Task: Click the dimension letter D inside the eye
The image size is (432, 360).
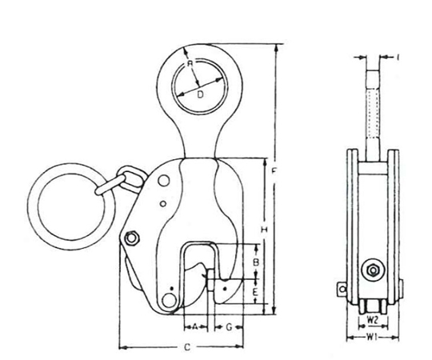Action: pyautogui.click(x=200, y=94)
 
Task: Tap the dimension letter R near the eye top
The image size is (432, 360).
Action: pyautogui.click(x=190, y=64)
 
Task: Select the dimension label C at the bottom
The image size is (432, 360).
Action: pyautogui.click(x=187, y=347)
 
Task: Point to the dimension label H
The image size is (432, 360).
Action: pyautogui.click(x=264, y=229)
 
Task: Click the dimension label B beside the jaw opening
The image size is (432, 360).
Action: pyautogui.click(x=256, y=262)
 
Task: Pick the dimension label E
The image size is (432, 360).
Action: pyautogui.click(x=255, y=292)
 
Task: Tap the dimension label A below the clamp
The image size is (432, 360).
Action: pyautogui.click(x=194, y=327)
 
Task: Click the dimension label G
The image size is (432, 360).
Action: pyautogui.click(x=229, y=327)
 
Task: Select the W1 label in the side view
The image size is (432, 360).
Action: pyautogui.click(x=371, y=336)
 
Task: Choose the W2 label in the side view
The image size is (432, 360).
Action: pyautogui.click(x=373, y=320)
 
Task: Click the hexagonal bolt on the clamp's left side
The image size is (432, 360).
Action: pyautogui.click(x=132, y=238)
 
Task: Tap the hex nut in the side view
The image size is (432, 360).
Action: pyautogui.click(x=373, y=270)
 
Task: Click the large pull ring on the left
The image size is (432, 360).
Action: pyautogui.click(x=33, y=206)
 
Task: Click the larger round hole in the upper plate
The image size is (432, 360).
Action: pyautogui.click(x=164, y=181)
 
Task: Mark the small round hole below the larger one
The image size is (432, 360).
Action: pyautogui.click(x=163, y=204)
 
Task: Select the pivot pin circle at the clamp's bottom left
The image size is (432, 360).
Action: pyautogui.click(x=168, y=300)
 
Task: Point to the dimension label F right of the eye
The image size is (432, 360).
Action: pyautogui.click(x=274, y=172)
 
